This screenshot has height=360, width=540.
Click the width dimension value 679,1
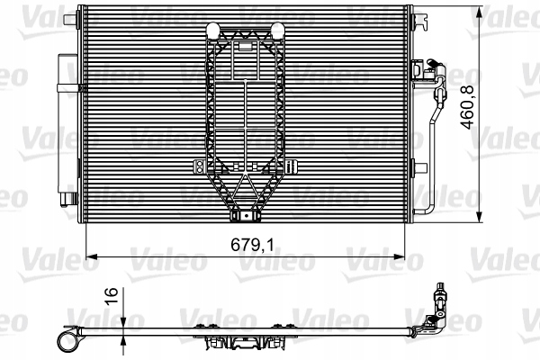[x=245, y=242]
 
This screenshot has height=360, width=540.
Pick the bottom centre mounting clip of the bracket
[x=245, y=215]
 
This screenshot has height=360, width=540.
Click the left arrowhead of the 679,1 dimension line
[x=88, y=256]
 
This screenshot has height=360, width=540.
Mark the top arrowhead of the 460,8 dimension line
[x=477, y=11]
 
